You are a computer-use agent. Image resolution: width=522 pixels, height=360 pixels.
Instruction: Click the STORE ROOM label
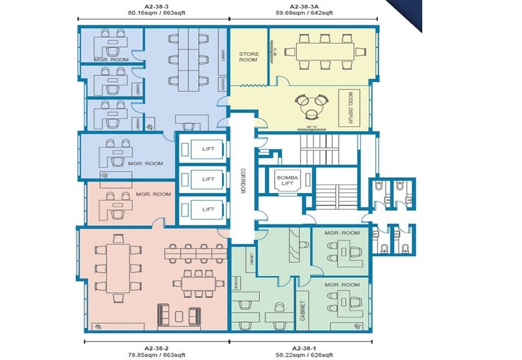coord(248,57)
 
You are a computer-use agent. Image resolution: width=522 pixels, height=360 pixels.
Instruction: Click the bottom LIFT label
coord(208,209)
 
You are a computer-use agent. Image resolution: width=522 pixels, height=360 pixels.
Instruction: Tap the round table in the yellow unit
coord(311,102)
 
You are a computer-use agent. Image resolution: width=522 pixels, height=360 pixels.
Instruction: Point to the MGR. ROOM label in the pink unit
coord(153,194)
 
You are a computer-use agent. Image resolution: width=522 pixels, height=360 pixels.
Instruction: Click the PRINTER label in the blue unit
coord(223,83)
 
